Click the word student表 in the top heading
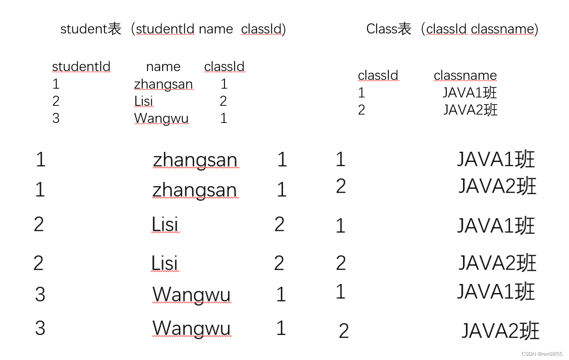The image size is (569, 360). coord(91,29)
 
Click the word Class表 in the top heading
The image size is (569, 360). coord(388,29)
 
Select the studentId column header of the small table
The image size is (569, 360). coord(81,66)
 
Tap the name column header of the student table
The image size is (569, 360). coord(163,66)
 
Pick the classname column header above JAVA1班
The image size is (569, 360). coord(465,75)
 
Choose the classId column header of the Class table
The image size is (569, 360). coord(378,75)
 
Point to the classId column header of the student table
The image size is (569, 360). coord(224,66)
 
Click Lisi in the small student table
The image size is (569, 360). coord(144,101)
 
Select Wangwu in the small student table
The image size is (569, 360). coord(161,118)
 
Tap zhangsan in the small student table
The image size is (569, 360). coord(163,84)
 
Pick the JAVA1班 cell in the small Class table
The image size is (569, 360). coord(470,92)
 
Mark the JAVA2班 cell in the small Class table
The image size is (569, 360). coord(470,110)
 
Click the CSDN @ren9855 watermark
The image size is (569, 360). coord(542,354)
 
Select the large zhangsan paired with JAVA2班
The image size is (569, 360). coord(194,190)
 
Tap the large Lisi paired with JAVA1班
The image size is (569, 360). coord(165,225)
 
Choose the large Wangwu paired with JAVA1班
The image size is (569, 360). coord(191,294)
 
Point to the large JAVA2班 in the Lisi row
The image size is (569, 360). coord(497,263)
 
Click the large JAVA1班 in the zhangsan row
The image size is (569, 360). coord(495,159)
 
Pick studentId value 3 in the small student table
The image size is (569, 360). coord(56,118)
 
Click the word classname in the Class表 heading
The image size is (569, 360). coord(503,29)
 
